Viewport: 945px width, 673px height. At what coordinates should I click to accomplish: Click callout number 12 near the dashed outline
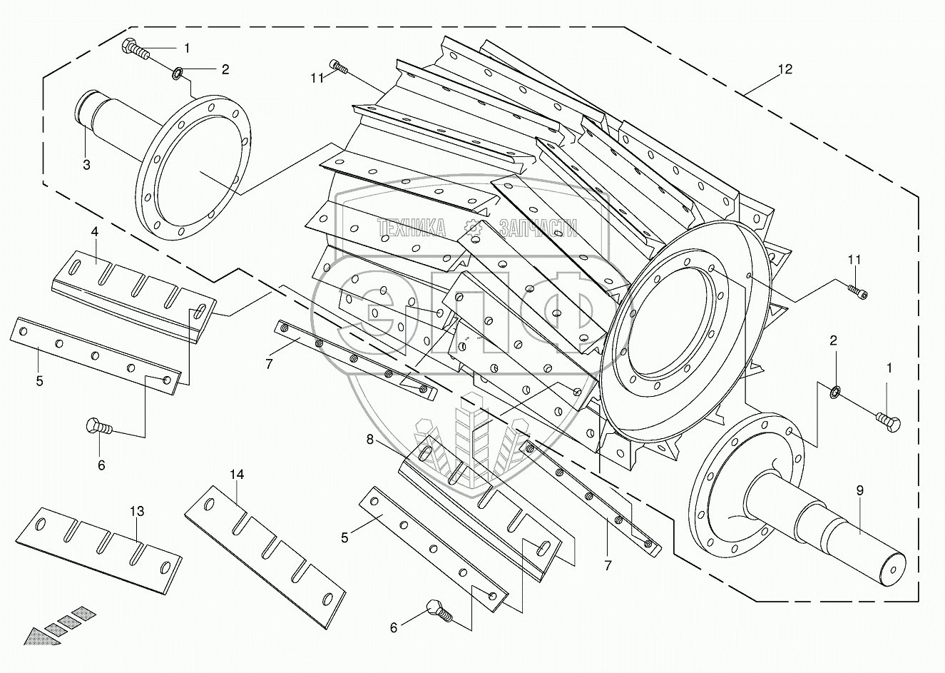pos(785,69)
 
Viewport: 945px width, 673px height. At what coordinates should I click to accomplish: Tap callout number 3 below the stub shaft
pos(86,165)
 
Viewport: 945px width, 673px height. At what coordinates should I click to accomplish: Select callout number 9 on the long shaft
pos(860,490)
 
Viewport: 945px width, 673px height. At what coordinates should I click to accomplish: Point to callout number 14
pos(237,475)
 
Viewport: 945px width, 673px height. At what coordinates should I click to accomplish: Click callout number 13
pos(137,511)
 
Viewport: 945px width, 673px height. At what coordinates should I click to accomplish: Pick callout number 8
pos(370,440)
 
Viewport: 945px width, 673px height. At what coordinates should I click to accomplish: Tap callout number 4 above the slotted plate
pos(94,232)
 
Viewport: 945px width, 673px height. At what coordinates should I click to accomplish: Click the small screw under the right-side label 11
pos(857,292)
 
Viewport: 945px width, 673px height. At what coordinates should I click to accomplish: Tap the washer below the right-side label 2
pos(836,393)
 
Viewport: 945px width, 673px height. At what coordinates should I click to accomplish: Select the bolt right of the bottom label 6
pos(439,611)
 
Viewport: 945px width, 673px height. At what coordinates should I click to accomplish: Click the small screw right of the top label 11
pos(339,66)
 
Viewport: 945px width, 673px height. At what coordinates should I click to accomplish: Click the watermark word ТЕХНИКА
pos(412,228)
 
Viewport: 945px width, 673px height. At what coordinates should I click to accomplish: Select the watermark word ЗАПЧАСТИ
pos(538,228)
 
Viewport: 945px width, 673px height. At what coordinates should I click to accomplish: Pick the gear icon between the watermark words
pos(472,228)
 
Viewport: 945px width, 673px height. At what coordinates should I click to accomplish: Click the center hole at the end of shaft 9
pos(893,570)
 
